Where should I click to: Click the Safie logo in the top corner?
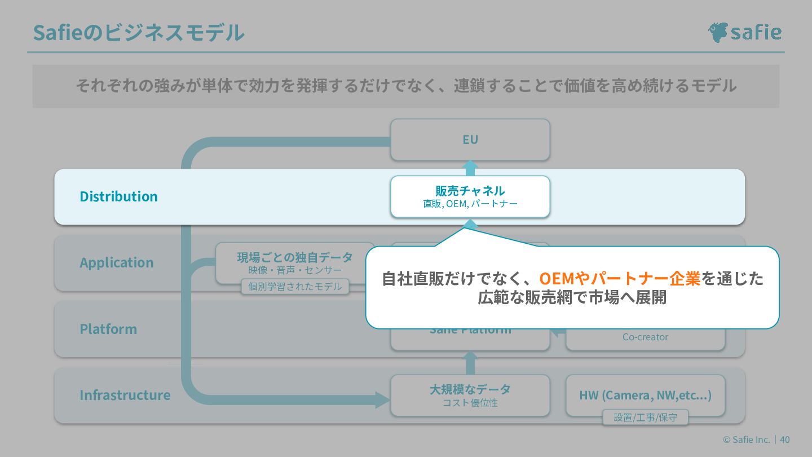pos(744,32)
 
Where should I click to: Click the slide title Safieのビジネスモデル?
pos(139,33)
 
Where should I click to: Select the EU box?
pos(470,139)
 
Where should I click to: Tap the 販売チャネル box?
pos(470,196)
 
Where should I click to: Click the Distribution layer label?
pos(118,196)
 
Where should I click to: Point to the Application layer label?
pos(116,262)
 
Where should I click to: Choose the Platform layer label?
pos(108,329)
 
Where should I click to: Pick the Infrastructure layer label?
pos(125,395)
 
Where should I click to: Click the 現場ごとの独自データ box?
pos(295,262)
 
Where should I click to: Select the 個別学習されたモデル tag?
pos(295,287)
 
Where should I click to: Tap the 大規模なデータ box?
pos(470,395)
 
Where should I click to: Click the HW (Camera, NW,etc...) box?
pos(645,395)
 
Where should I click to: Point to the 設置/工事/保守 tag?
pos(645,418)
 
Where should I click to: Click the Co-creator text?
pos(645,337)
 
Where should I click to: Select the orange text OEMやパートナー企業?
pos(620,279)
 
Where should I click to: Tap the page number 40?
pos(785,440)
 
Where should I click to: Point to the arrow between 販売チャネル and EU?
pos(470,168)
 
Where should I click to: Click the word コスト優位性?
pos(470,403)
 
